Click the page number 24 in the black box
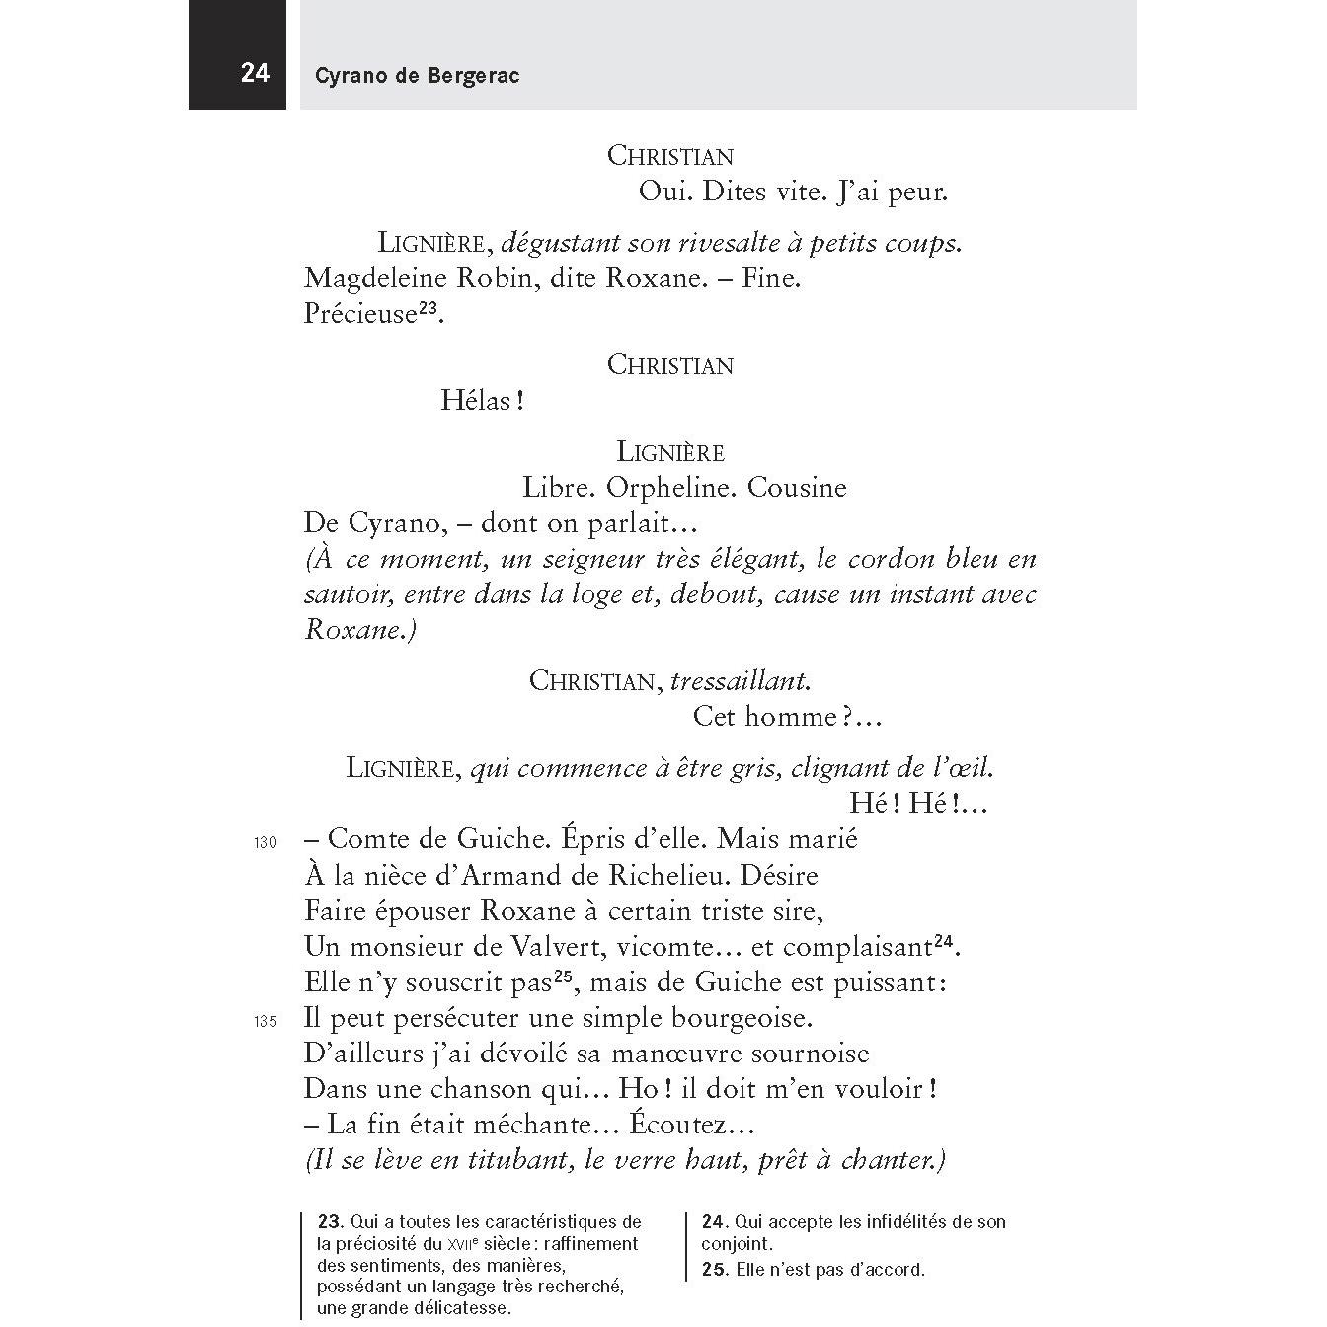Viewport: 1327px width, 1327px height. (x=255, y=74)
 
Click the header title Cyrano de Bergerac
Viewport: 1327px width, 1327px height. (x=417, y=76)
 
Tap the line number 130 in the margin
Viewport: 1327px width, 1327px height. (x=266, y=844)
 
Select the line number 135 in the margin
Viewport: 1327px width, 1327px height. (x=266, y=1022)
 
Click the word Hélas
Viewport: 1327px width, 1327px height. (x=476, y=401)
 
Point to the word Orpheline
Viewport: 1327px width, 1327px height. (x=670, y=488)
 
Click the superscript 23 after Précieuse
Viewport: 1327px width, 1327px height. (x=428, y=308)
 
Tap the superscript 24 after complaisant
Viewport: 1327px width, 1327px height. (x=945, y=941)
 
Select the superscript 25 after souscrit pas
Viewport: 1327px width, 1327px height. (x=564, y=976)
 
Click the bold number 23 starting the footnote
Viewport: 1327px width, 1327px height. (x=328, y=1222)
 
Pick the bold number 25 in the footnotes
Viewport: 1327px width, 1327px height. (x=713, y=1270)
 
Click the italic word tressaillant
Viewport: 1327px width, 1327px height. (x=740, y=681)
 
